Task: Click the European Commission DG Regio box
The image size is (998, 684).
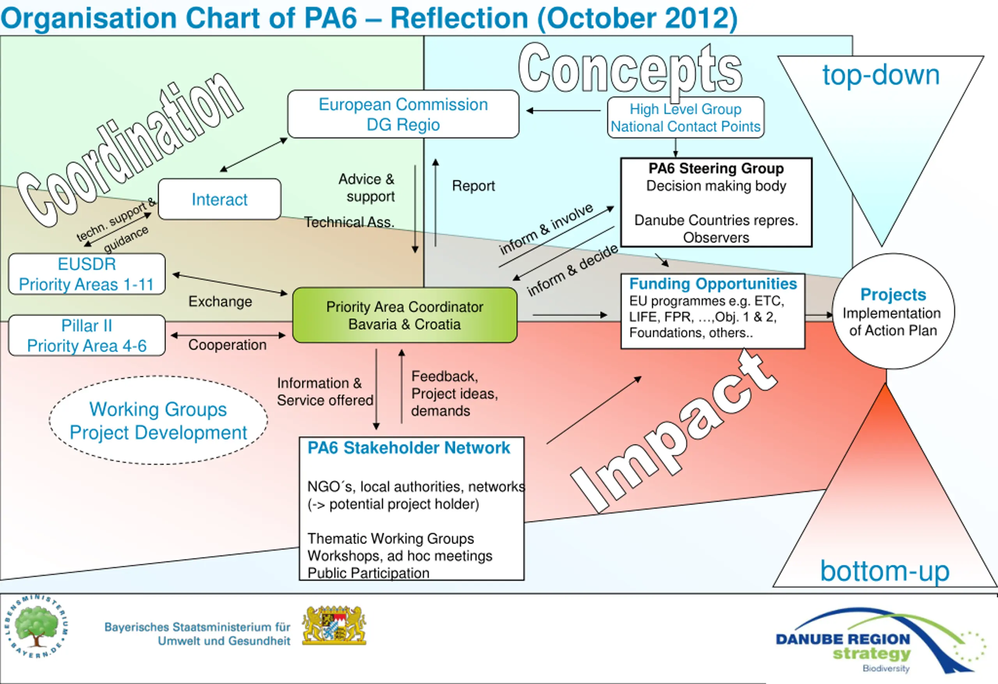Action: pyautogui.click(x=403, y=114)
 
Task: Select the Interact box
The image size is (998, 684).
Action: pyautogui.click(x=219, y=199)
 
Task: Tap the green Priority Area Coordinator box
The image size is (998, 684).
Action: pyautogui.click(x=405, y=315)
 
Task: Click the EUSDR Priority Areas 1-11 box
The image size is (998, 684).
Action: pyautogui.click(x=87, y=274)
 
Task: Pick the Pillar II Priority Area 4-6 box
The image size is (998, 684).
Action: pyautogui.click(x=87, y=335)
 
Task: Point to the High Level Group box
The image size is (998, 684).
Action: pyautogui.click(x=685, y=117)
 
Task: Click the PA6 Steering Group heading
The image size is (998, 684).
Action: pyautogui.click(x=716, y=168)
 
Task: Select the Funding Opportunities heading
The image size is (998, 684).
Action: pyautogui.click(x=713, y=284)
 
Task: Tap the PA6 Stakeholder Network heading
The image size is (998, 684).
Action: pyautogui.click(x=409, y=448)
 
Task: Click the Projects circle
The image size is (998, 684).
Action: pyautogui.click(x=893, y=311)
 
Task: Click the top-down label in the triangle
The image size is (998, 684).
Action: pyautogui.click(x=881, y=75)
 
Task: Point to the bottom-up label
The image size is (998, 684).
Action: pyautogui.click(x=885, y=571)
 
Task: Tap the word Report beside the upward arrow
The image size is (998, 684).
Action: pyautogui.click(x=473, y=186)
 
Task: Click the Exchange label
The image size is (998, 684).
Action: pyautogui.click(x=220, y=301)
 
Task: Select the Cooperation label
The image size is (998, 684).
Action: pyautogui.click(x=227, y=345)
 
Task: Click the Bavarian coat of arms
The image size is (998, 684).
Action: pyautogui.click(x=334, y=625)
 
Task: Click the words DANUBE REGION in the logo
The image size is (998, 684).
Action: pyautogui.click(x=843, y=639)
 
